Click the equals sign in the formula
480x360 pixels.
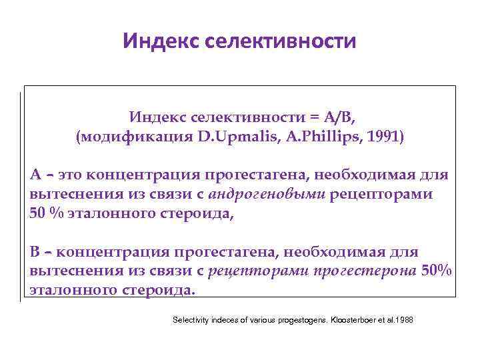(313, 118)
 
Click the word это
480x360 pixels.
(70, 175)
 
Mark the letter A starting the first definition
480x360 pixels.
(35, 175)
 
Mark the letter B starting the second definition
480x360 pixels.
(35, 252)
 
